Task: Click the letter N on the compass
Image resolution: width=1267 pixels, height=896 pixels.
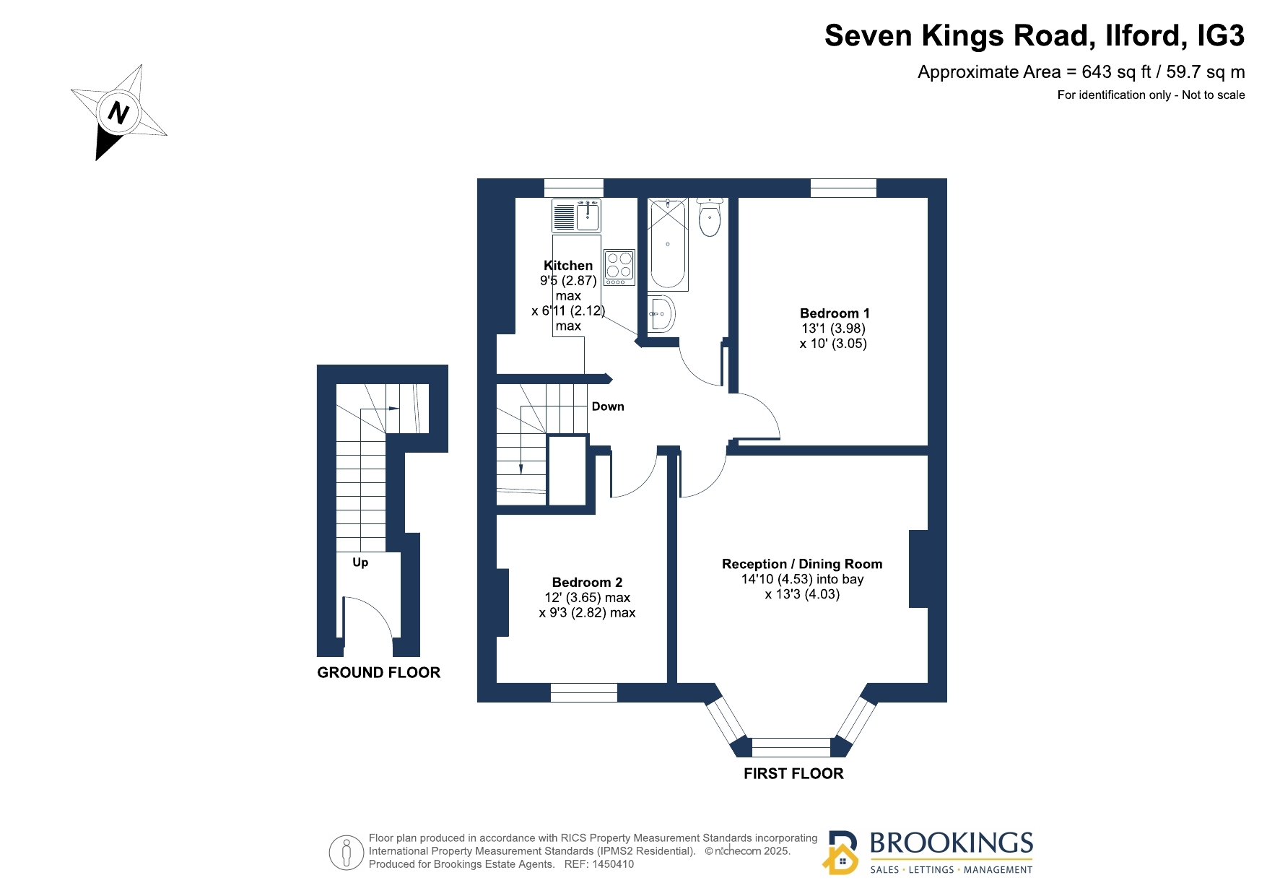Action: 118,113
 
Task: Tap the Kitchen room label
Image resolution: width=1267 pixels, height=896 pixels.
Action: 568,266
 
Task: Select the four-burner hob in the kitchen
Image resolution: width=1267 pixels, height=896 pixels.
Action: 619,267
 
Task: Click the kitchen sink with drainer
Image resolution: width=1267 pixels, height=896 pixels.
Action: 576,215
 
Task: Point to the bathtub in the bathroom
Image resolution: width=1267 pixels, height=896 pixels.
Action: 668,244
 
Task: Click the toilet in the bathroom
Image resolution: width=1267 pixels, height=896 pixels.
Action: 710,217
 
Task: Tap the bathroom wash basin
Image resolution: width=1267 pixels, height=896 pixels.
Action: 661,313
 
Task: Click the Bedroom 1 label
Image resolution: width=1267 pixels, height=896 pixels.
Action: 835,313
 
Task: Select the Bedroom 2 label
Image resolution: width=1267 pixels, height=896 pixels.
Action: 587,583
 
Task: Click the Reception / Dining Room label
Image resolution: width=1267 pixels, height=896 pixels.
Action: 802,564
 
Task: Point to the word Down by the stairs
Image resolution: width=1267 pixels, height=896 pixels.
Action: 608,406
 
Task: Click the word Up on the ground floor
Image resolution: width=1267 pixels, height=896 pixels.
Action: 360,562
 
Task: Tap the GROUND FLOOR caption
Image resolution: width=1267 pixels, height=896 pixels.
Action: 379,673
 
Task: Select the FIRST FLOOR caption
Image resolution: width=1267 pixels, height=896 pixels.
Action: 793,774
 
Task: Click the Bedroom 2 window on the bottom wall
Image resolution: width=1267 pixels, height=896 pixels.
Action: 584,692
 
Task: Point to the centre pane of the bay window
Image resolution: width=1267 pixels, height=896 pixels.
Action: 791,747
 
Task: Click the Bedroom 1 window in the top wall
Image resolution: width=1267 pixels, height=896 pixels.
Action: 843,188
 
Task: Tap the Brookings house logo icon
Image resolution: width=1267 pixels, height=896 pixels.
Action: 841,853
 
